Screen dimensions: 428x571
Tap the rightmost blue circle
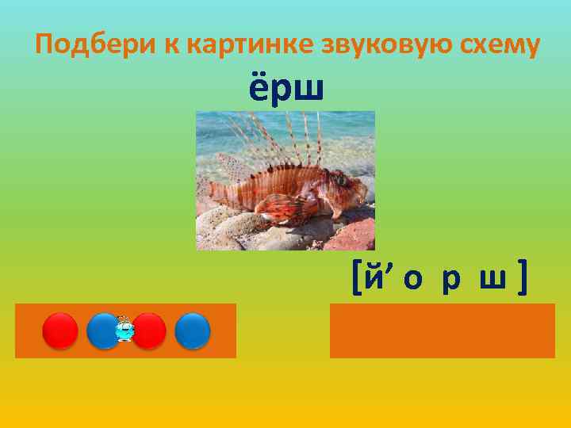point(193,331)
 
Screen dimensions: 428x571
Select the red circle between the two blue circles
point(148,331)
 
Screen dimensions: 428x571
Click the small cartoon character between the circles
point(125,328)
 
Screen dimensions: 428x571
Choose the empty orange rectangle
point(442,331)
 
